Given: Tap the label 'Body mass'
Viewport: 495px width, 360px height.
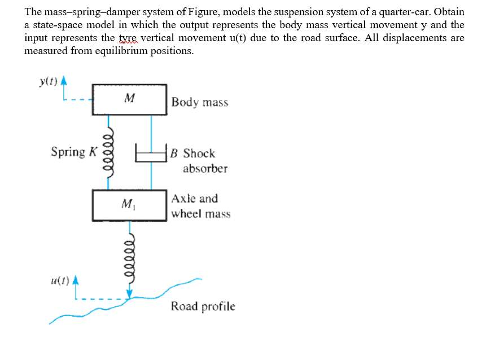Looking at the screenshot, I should tap(200, 102).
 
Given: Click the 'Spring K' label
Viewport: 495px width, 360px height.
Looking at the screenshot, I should tap(74, 152).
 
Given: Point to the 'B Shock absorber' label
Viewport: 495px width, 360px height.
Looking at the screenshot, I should tap(199, 160).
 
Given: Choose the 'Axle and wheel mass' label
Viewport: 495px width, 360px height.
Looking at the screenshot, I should tap(200, 206).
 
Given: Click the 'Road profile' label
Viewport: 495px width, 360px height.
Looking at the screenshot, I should tap(203, 306).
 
